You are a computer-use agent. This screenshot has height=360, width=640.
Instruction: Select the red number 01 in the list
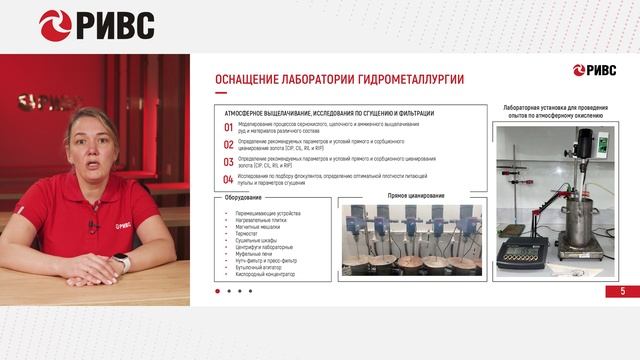(x=228, y=127)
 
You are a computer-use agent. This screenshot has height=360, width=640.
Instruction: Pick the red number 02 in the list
(x=228, y=144)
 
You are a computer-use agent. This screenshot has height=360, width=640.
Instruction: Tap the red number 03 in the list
(x=228, y=161)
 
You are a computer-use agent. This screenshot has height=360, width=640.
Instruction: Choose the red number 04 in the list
(x=228, y=179)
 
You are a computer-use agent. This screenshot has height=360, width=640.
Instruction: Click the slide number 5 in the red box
(x=622, y=291)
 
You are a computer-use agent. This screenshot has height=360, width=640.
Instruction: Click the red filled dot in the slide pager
(x=217, y=291)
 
